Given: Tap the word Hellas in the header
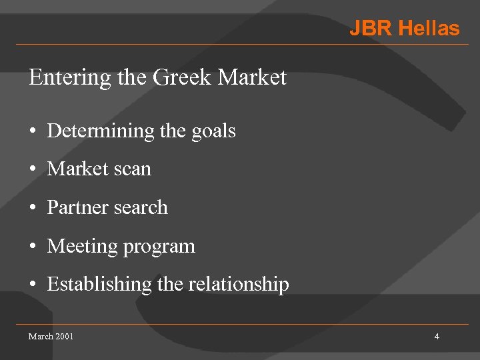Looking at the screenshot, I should pos(429,29).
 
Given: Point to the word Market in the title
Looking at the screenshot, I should pos(252,77).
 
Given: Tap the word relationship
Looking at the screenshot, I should pos(239,285).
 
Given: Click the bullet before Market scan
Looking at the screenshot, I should pos(32,170).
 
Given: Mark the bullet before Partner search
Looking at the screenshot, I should pos(32,208).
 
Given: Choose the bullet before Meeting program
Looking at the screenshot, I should pos(32,247).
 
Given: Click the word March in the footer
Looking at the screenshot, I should pos(41,336).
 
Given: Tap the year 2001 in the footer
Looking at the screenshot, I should pos(65,336).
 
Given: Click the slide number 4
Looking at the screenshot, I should pos(437,336).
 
